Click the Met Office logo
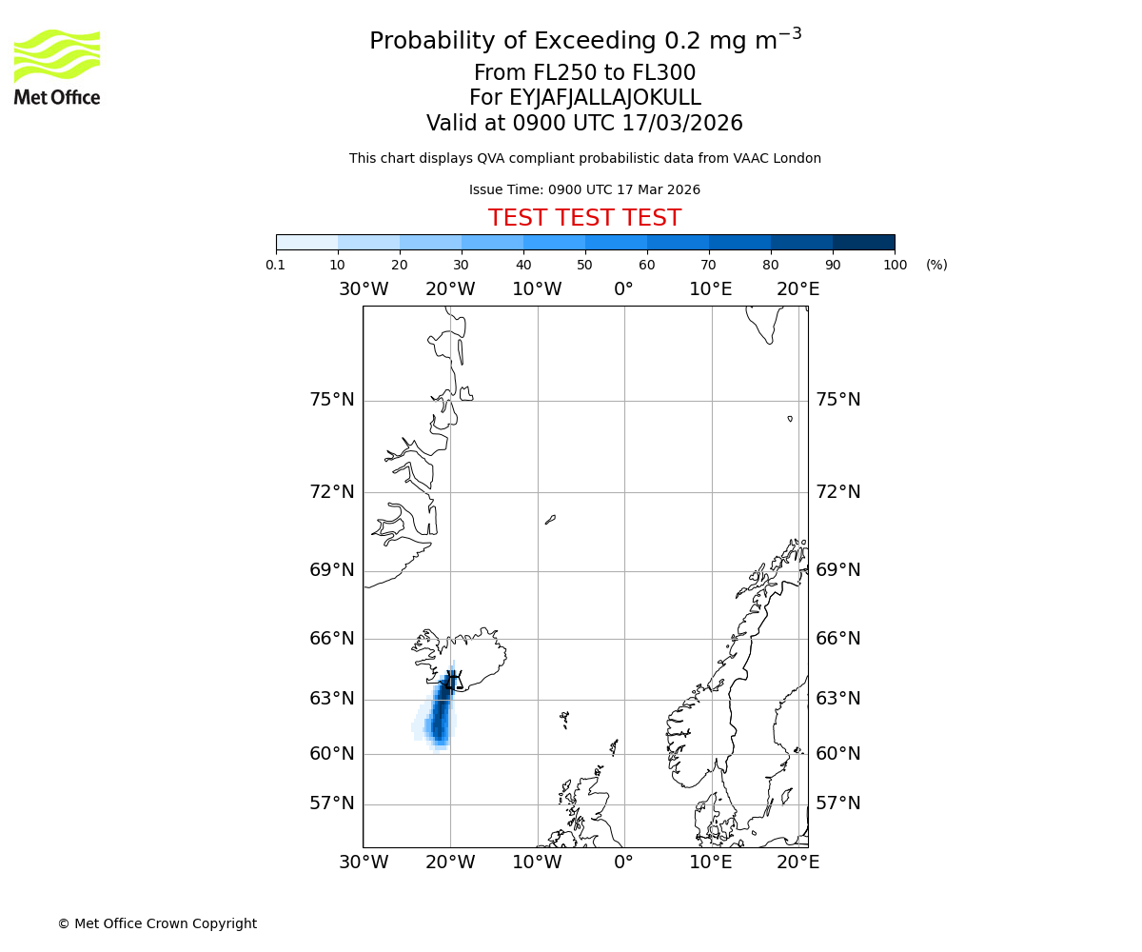point(57,67)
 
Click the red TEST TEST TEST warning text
point(584,218)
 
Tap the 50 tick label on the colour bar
point(584,265)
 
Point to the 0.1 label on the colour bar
point(276,265)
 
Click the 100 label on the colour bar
point(895,265)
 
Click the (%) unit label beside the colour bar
point(936,265)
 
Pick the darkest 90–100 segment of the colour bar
point(863,242)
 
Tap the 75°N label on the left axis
point(332,400)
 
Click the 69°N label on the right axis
point(837,570)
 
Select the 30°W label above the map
point(363,289)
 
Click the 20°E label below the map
point(797,863)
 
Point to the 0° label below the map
point(623,863)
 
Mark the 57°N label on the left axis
point(332,803)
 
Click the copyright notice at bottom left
point(157,923)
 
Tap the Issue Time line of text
point(584,190)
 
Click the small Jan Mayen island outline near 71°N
point(550,520)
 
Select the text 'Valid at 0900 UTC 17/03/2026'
point(584,124)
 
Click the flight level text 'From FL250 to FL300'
point(584,73)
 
